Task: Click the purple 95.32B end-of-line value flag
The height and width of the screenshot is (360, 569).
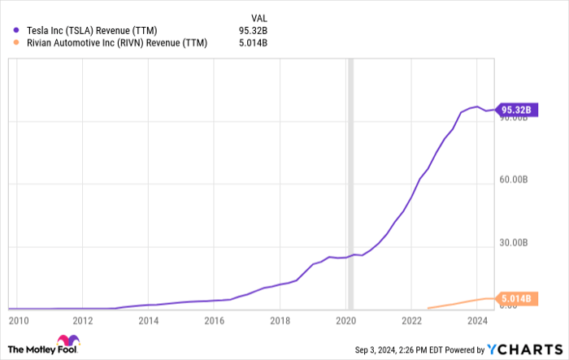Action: tap(515, 110)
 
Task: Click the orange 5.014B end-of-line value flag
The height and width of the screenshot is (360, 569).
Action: tap(515, 299)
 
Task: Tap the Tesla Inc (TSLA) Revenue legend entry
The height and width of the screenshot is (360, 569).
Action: tap(98, 30)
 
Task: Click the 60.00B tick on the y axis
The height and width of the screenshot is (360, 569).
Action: tap(515, 183)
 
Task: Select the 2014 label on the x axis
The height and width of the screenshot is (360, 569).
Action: tap(147, 321)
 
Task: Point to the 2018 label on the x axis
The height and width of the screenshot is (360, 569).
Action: tap(280, 321)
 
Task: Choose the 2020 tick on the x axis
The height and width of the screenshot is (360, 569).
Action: tap(346, 321)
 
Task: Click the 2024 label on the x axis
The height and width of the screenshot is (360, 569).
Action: tap(479, 321)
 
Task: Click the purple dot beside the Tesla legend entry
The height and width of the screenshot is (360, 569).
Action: tap(17, 30)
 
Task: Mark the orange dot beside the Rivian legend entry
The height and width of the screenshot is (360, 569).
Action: tap(17, 43)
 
